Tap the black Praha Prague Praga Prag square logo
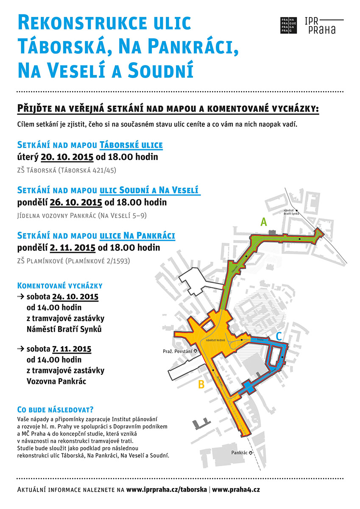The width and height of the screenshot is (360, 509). [x=290, y=25]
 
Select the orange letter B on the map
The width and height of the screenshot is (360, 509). [x=201, y=385]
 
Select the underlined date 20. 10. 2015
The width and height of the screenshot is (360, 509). [x=67, y=157]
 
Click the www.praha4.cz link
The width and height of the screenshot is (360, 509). [x=236, y=489]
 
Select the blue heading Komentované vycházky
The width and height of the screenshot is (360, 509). [x=59, y=285]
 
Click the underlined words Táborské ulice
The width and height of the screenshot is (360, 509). [x=131, y=145]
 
